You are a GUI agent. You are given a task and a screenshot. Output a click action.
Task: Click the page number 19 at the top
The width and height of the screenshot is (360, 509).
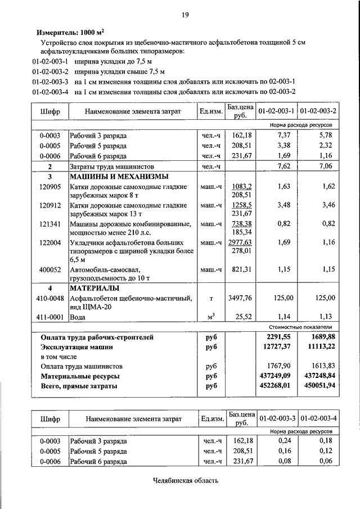point(184,15)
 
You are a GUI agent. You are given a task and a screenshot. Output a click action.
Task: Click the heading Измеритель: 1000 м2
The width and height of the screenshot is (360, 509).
point(70,33)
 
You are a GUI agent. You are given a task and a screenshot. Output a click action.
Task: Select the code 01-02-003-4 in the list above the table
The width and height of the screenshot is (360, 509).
point(50,92)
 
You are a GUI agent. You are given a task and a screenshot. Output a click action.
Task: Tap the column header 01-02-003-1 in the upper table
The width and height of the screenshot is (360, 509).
point(276,111)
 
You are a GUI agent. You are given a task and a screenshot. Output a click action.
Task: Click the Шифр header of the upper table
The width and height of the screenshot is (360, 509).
point(50,111)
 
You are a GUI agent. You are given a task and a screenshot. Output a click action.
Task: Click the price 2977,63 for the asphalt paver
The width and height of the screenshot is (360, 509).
point(240,242)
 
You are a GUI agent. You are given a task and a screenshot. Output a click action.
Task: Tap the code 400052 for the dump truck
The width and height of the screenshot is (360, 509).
point(50,269)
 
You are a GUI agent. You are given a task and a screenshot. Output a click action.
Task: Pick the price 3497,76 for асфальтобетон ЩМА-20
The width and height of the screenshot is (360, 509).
point(240,298)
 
